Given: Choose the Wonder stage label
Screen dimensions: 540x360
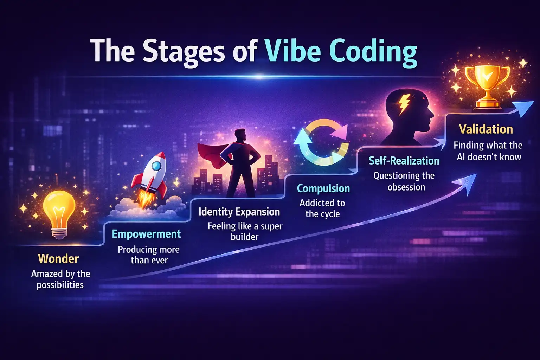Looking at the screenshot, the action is coord(58,259).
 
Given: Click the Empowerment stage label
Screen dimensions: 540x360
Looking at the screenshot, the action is coord(146,234).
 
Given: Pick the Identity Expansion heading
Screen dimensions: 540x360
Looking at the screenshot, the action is coord(239,212).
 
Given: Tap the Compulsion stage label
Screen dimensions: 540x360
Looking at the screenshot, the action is coord(323,188).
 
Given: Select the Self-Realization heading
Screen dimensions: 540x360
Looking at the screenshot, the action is coord(404,161).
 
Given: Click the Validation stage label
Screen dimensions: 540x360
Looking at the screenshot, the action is coord(486,129).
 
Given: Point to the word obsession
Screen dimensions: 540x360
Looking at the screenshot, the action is coord(406,187).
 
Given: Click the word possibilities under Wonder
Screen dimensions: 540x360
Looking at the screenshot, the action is coord(60,285).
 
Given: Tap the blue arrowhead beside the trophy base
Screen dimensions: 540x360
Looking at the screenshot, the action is coord(523,109).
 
